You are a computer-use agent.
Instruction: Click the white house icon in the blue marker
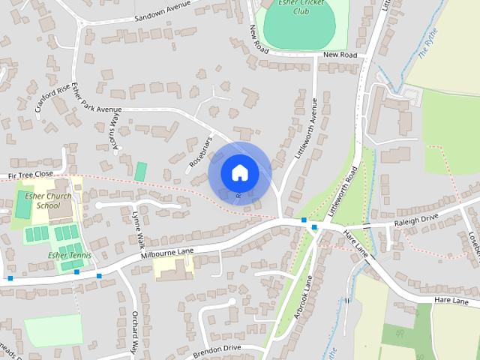coord(239,172)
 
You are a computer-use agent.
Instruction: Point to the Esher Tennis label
coord(69,255)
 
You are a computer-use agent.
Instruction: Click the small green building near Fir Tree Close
coord(140,171)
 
